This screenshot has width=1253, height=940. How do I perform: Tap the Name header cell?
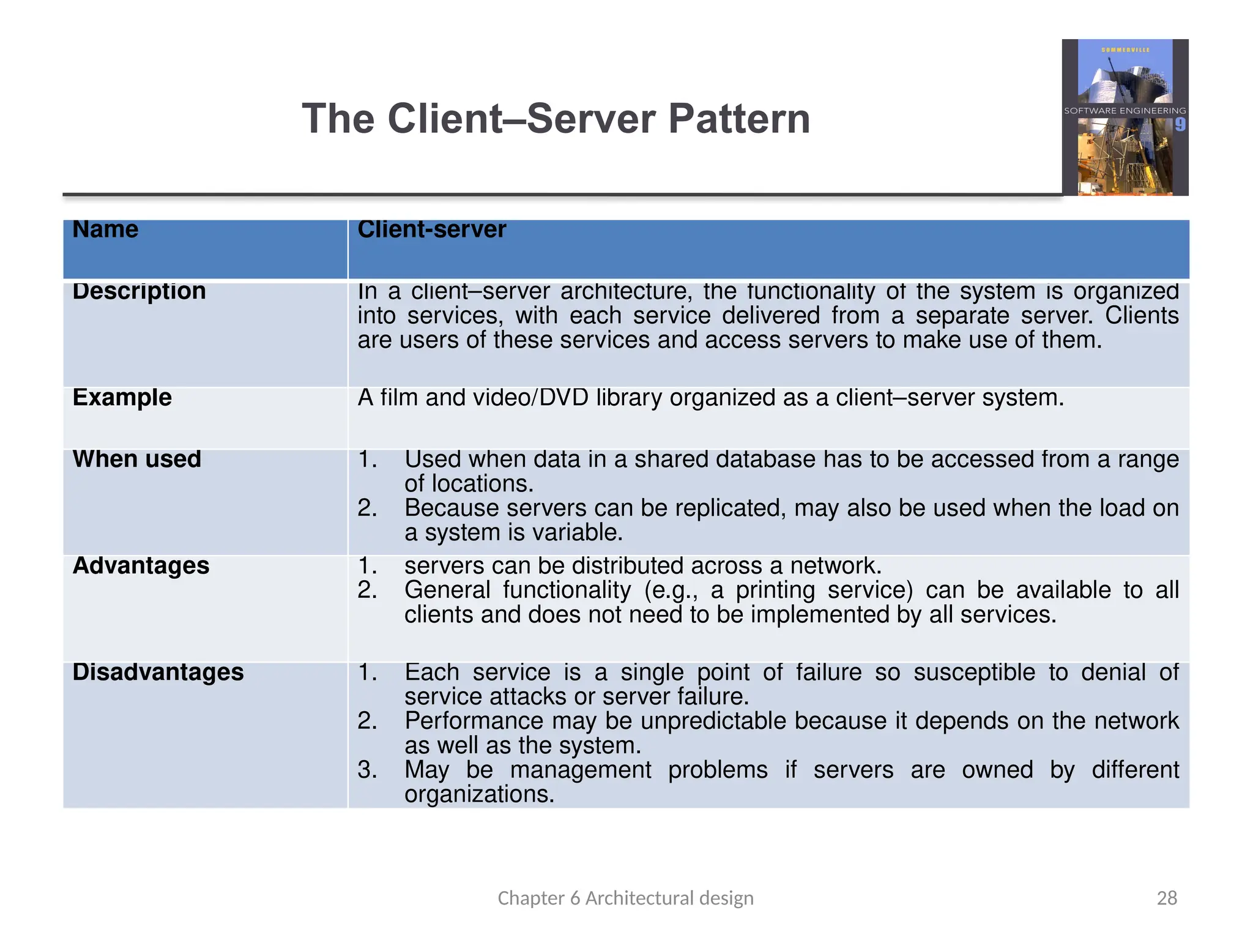point(105,229)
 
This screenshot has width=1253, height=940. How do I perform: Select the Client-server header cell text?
point(431,229)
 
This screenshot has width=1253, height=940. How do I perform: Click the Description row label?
point(139,291)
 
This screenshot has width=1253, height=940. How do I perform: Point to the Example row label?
point(122,398)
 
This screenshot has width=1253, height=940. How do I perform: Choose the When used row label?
point(136,459)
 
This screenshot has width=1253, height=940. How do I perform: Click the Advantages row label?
point(141,565)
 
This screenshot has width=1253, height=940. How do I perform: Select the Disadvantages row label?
point(158,672)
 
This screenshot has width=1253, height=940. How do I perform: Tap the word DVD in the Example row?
point(563,398)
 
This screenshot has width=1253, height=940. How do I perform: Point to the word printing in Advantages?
point(775,590)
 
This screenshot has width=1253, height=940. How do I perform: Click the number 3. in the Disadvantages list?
point(367,770)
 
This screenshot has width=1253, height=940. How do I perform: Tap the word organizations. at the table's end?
point(479,794)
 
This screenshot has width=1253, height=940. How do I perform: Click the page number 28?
point(1167,898)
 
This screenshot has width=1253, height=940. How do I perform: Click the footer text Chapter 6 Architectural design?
point(625,898)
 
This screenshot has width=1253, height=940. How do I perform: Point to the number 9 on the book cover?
point(1180,125)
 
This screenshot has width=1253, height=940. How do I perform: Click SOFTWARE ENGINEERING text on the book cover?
point(1125,111)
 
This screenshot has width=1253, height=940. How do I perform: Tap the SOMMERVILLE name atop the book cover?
point(1125,50)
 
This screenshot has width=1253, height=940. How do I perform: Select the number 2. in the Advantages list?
point(367,590)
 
